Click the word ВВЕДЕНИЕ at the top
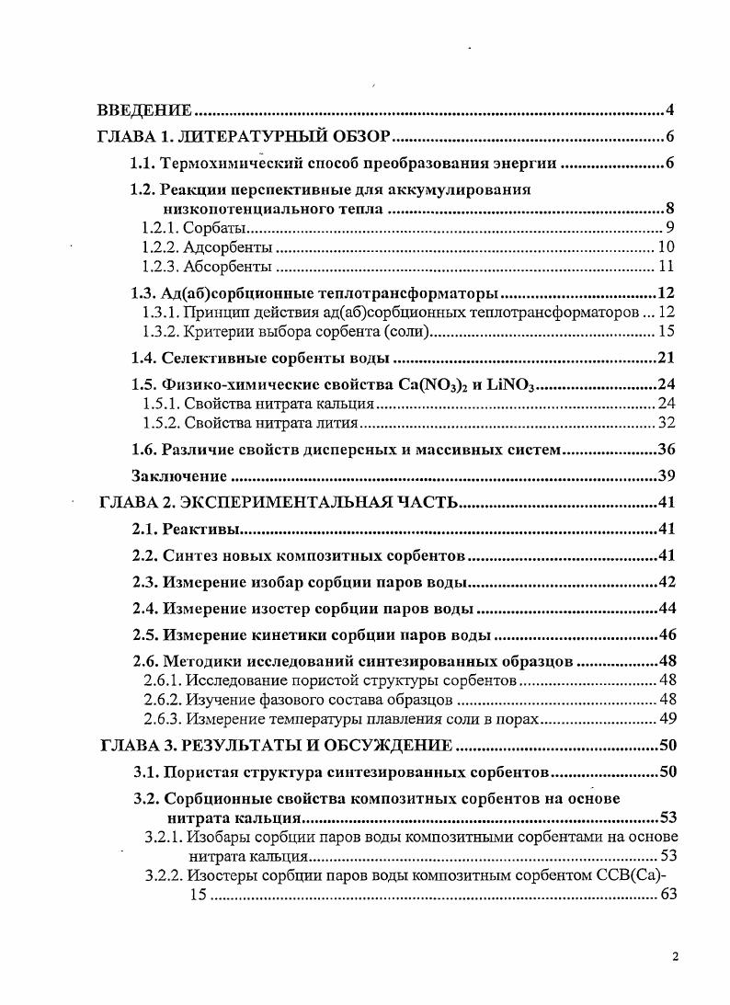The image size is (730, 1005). tap(144, 111)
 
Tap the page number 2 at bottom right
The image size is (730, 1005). tap(674, 957)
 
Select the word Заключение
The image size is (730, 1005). tap(179, 475)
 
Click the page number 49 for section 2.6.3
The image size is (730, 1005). tap(667, 718)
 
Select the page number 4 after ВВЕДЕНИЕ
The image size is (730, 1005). tap(671, 111)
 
